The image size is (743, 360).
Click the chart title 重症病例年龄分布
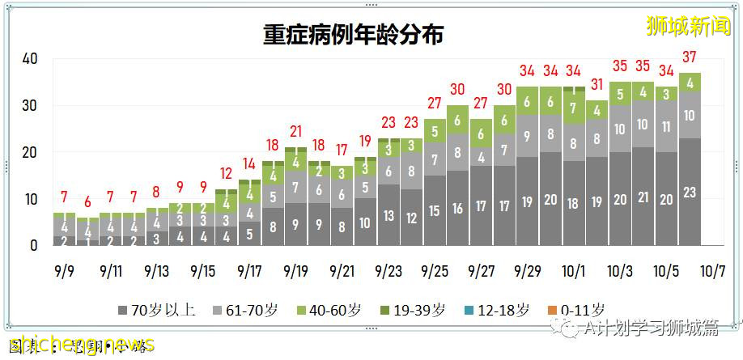coord(353,35)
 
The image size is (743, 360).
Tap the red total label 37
coord(690,57)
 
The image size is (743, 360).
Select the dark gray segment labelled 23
coord(690,193)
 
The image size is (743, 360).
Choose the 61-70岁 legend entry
coord(241,310)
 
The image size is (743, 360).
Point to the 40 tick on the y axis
coord(30,59)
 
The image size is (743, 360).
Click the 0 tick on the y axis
coord(34,245)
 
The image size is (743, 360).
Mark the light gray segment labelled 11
coord(667,126)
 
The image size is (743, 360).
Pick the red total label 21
coord(295,131)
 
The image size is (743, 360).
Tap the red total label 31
coord(597,84)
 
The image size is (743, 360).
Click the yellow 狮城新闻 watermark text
coord(688,26)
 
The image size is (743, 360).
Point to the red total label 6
coord(87,201)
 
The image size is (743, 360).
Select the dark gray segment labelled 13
coord(388,215)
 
